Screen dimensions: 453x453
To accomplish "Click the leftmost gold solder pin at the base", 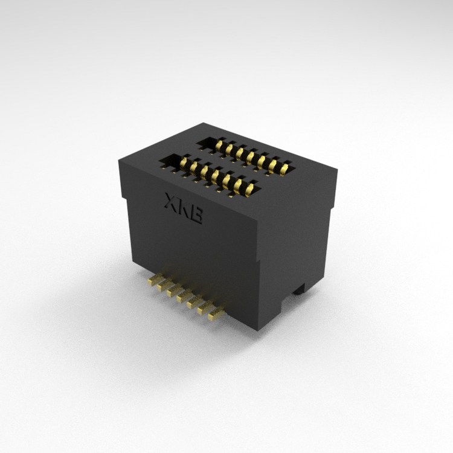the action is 154,280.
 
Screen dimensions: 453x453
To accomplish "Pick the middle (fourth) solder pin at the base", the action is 185,297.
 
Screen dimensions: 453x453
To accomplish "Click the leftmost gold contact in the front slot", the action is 183,163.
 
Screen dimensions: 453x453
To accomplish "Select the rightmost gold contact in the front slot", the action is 250,189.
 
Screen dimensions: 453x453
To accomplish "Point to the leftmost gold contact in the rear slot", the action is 219,146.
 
